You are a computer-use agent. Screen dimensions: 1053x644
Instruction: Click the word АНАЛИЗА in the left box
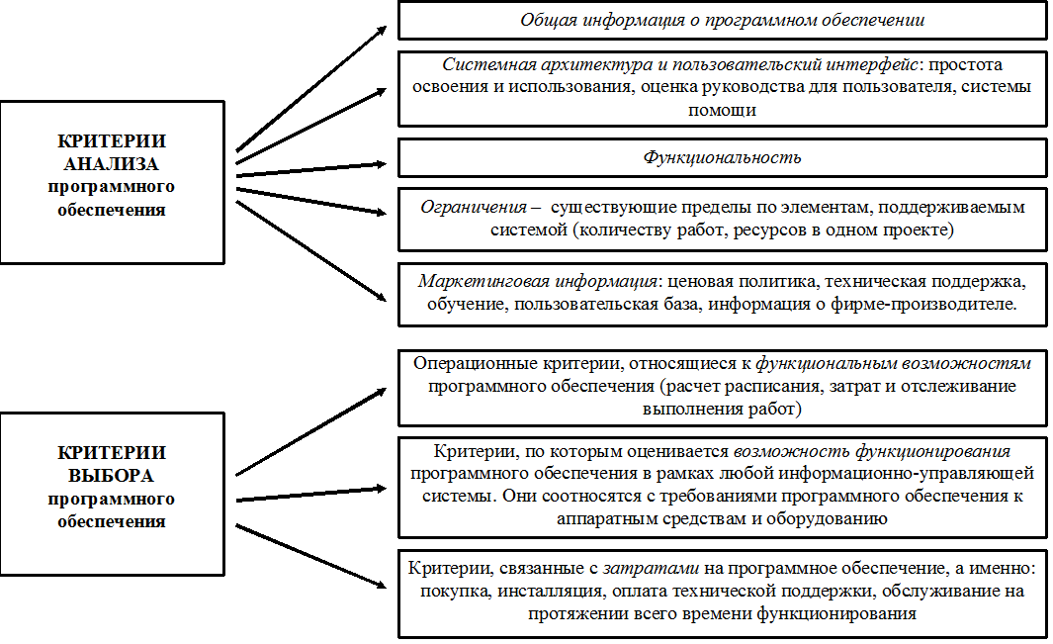pyautogui.click(x=111, y=164)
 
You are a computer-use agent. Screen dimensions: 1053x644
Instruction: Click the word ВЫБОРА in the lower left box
pyautogui.click(x=111, y=476)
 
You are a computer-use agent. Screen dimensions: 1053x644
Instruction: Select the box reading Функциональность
pyautogui.click(x=723, y=158)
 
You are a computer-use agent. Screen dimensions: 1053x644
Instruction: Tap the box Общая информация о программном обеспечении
pyautogui.click(x=723, y=20)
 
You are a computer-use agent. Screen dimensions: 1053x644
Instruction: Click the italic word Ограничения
pyautogui.click(x=474, y=207)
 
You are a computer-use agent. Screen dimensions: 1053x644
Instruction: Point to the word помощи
pyautogui.click(x=722, y=110)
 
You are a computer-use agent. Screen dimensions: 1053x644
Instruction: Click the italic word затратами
pyautogui.click(x=651, y=569)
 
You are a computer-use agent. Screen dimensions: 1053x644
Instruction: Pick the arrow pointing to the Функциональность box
pyautogui.click(x=311, y=169)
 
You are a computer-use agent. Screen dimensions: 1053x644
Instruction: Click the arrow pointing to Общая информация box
pyautogui.click(x=311, y=89)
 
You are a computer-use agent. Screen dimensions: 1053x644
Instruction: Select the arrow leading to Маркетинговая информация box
pyautogui.click(x=311, y=250)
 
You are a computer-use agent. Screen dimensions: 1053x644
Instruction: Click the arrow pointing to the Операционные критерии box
pyautogui.click(x=311, y=431)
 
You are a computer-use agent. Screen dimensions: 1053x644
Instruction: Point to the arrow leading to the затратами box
pyautogui.click(x=311, y=557)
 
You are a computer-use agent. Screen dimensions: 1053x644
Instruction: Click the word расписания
pyautogui.click(x=779, y=387)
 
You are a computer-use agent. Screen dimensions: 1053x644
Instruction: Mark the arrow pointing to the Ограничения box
pyautogui.click(x=311, y=202)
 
